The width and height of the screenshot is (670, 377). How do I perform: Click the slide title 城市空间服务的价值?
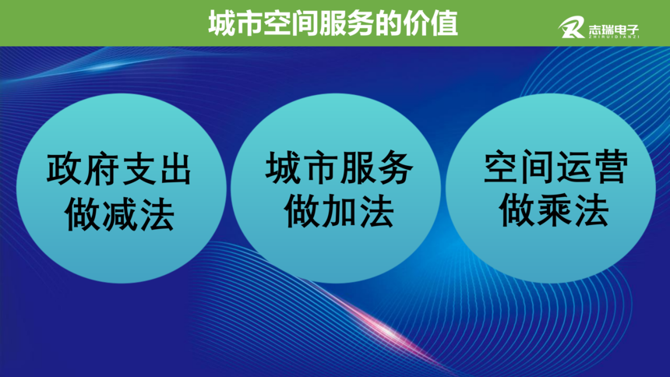click(x=333, y=23)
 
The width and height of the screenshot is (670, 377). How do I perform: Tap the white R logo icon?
click(x=571, y=28)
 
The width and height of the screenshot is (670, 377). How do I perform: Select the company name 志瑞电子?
click(x=614, y=30)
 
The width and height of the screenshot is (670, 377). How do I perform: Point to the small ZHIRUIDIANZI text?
click(x=614, y=37)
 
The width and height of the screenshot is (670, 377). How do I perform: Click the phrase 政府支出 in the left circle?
click(x=119, y=169)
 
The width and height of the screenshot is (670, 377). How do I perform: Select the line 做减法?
click(x=119, y=214)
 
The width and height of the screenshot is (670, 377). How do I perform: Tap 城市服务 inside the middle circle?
click(x=339, y=167)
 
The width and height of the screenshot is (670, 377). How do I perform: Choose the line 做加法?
click(x=339, y=211)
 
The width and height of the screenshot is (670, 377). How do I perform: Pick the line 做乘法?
click(x=554, y=210)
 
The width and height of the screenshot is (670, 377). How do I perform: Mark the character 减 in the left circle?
click(x=120, y=214)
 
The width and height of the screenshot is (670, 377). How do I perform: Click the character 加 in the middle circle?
click(x=339, y=211)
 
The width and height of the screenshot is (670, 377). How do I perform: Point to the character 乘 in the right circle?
click(x=554, y=210)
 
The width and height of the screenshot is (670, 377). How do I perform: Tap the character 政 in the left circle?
click(x=64, y=169)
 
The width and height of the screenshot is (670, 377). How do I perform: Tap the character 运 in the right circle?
click(x=574, y=167)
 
